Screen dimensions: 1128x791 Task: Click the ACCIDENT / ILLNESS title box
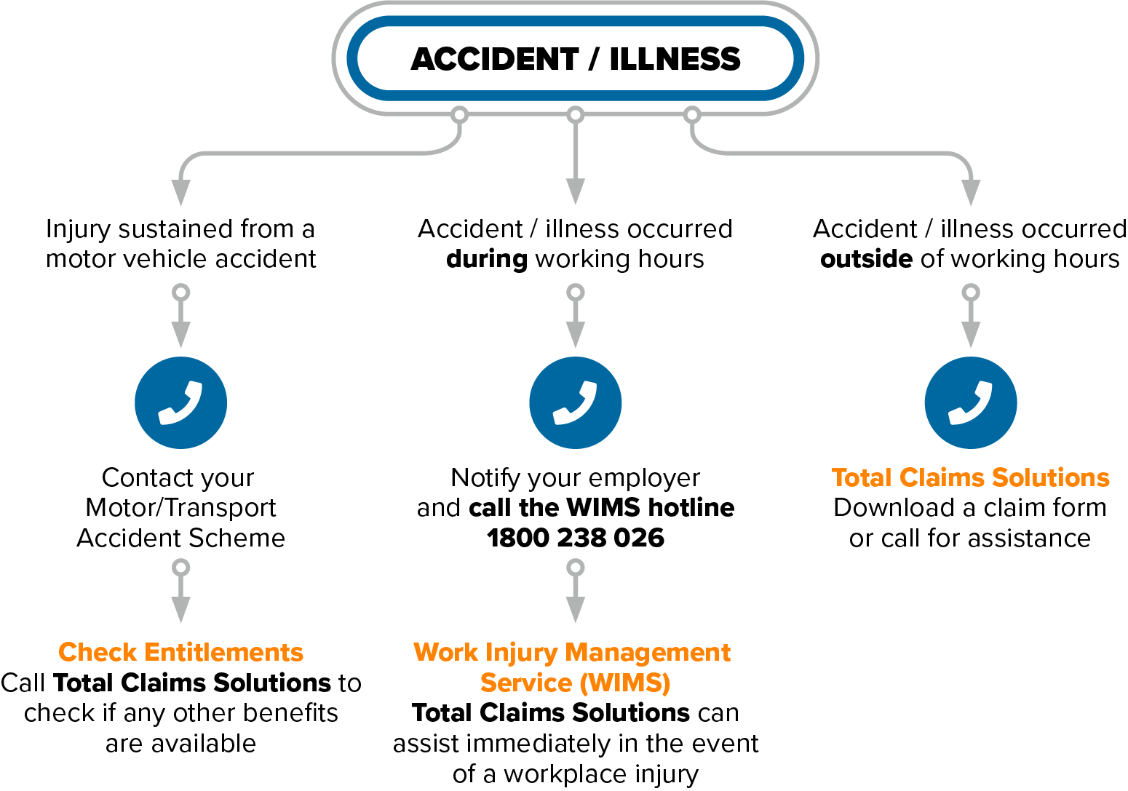(575, 58)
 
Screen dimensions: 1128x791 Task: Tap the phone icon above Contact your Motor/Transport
(180, 403)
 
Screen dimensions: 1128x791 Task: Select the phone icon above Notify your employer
(575, 403)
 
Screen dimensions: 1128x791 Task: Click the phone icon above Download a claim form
(970, 403)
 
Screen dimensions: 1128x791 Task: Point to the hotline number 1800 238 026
(575, 538)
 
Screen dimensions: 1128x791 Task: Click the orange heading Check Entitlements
(180, 652)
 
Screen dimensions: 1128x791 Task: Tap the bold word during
(486, 259)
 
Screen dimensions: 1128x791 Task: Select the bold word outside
(866, 259)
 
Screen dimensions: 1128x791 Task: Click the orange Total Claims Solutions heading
(970, 477)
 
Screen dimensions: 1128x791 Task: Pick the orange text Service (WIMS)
(575, 683)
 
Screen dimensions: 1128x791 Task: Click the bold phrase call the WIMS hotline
(601, 507)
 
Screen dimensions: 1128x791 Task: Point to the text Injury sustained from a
(180, 229)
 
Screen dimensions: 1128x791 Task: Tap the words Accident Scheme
(180, 538)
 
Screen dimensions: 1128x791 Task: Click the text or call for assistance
(970, 538)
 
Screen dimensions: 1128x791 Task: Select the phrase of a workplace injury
(575, 774)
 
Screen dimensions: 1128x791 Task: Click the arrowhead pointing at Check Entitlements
(180, 610)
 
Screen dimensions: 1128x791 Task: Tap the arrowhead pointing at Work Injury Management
(575, 610)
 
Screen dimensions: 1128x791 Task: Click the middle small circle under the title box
(575, 115)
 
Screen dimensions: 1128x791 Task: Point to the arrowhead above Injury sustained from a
(180, 192)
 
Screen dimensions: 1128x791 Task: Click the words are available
(180, 744)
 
